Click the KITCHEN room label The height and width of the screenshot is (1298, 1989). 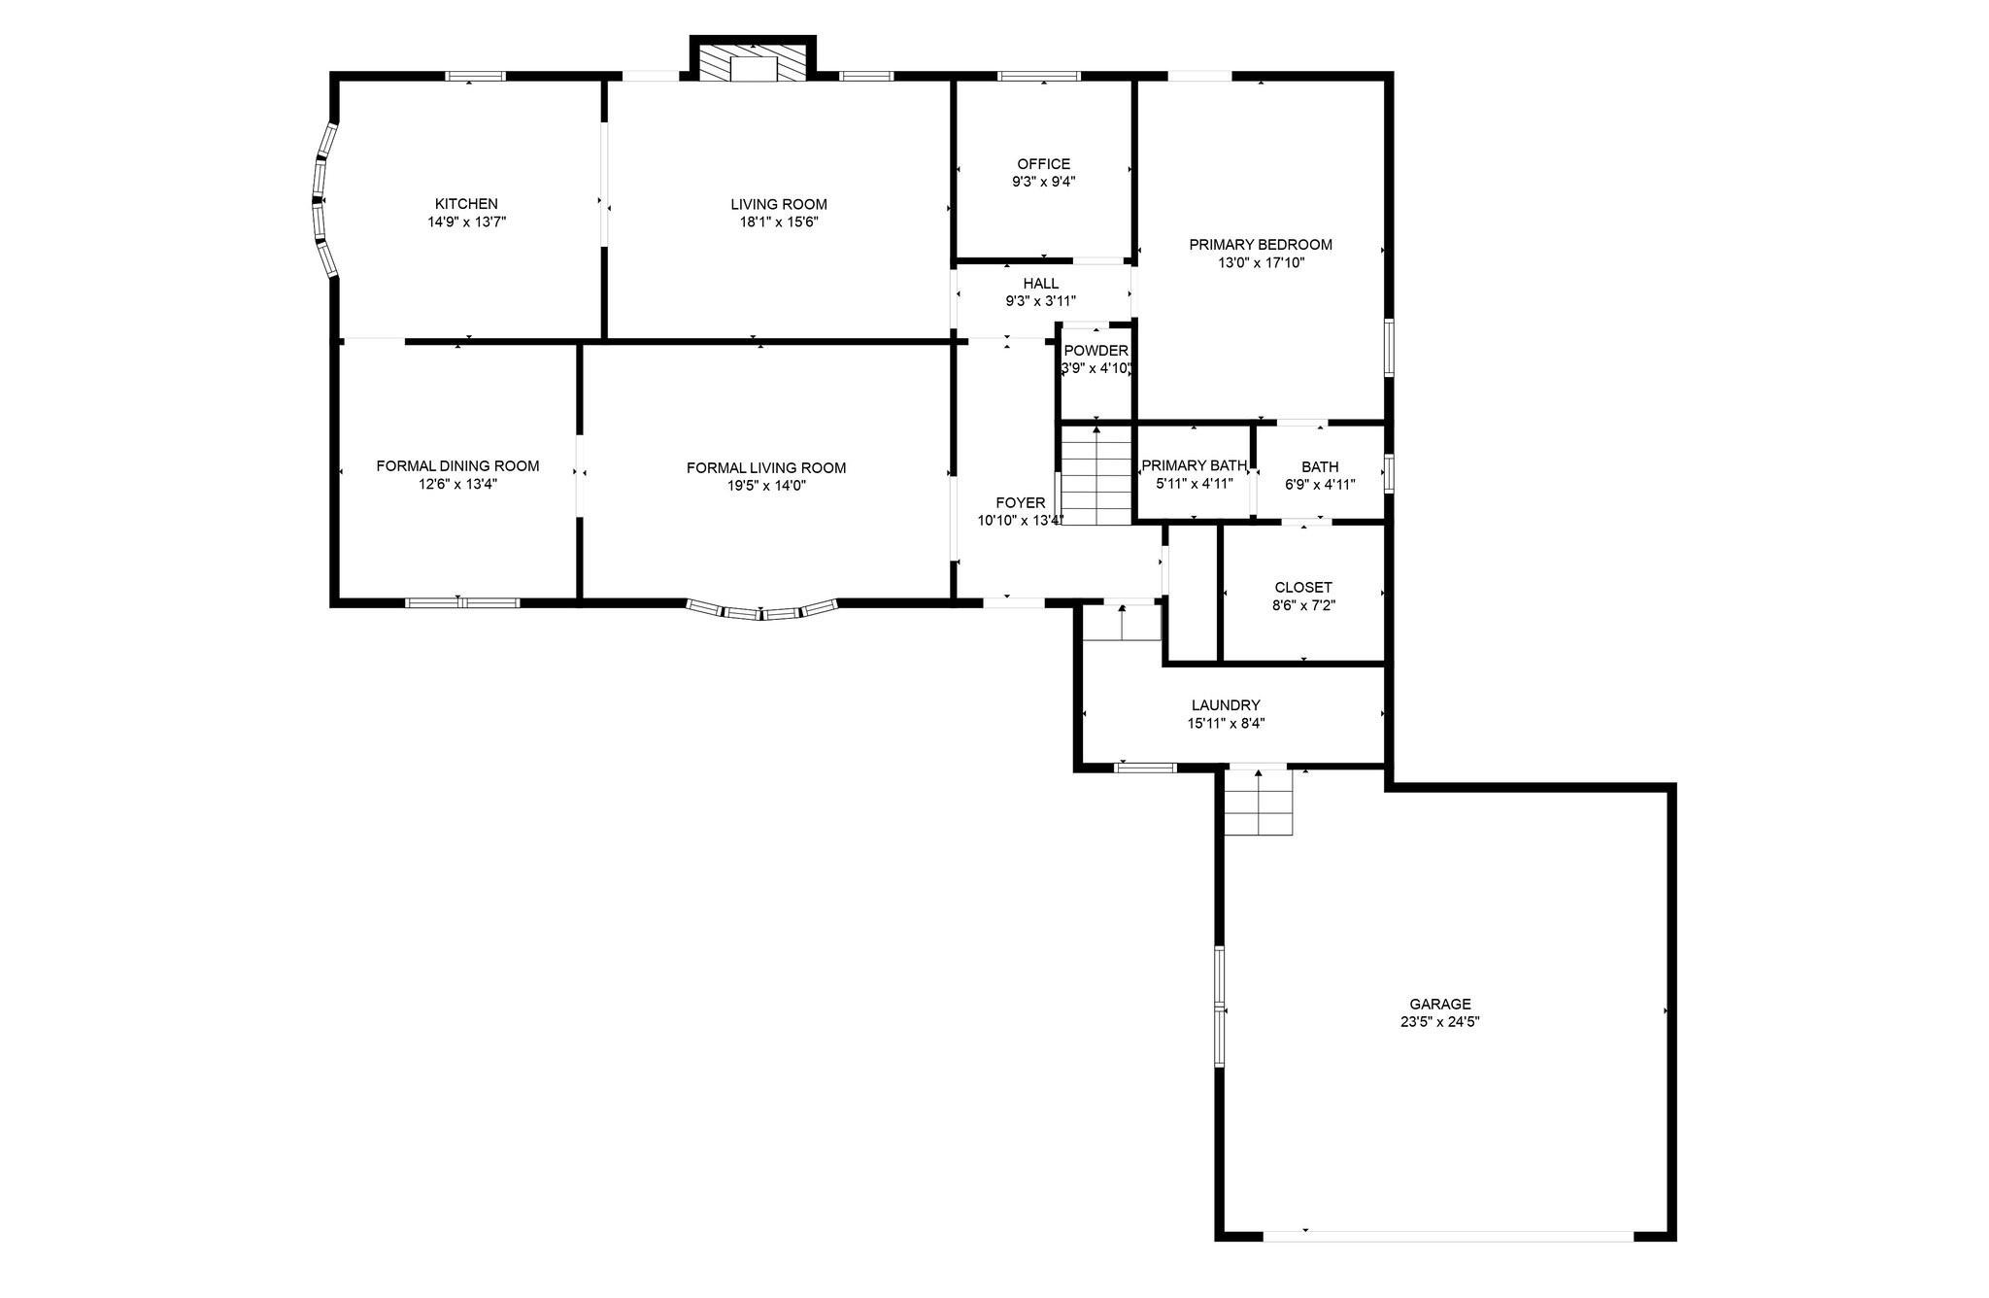coord(466,204)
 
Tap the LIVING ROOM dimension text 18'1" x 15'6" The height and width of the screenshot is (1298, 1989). coord(779,222)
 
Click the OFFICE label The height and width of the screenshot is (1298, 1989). coord(1044,164)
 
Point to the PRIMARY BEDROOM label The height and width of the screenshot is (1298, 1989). coord(1261,245)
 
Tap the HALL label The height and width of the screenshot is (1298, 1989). coord(1041,284)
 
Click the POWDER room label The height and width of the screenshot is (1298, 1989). coord(1096,351)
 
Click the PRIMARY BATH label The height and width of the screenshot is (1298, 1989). coord(1195,466)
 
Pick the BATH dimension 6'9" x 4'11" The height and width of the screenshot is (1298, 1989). coord(1320,485)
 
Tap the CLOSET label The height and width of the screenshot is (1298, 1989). coord(1303,588)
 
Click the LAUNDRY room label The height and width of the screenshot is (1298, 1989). coord(1226,705)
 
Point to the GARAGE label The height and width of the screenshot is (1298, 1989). coord(1440,1005)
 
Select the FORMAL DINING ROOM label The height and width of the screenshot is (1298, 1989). coord(457,466)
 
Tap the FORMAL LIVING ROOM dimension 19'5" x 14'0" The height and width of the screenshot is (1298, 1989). coord(766,486)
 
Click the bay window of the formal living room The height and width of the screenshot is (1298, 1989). coord(762,610)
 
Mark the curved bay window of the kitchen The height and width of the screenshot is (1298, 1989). coord(322,200)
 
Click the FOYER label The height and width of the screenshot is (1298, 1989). coord(1021,503)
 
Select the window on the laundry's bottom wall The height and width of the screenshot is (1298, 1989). coord(1145,768)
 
